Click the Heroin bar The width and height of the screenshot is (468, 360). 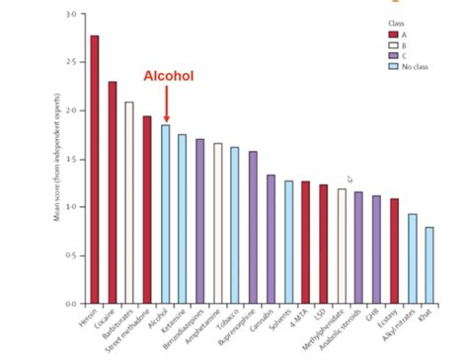click(x=95, y=169)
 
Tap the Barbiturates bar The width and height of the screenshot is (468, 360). click(x=129, y=202)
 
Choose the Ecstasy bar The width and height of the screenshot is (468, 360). click(x=394, y=251)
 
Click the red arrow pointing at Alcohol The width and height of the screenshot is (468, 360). click(x=166, y=104)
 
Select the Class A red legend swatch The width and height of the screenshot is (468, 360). click(x=393, y=33)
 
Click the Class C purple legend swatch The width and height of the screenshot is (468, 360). click(x=393, y=56)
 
